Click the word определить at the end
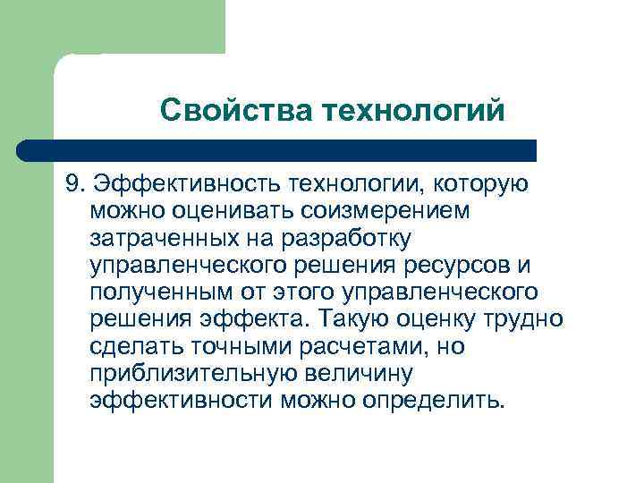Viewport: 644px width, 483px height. pos(434,399)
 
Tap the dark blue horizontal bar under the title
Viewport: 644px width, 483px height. pos(277,148)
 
